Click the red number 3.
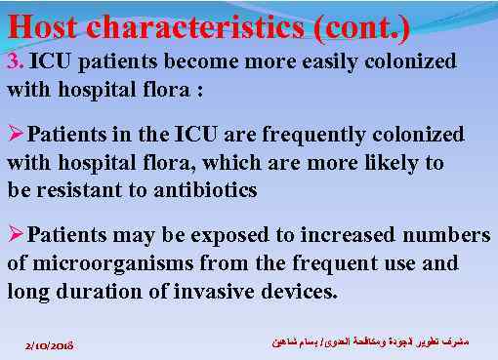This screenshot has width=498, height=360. pos(14,62)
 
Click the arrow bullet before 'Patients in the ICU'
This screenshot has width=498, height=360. pos(17,134)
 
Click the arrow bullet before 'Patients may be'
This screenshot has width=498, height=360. pos(17,235)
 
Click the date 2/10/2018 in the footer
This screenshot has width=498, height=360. pos(55,345)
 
